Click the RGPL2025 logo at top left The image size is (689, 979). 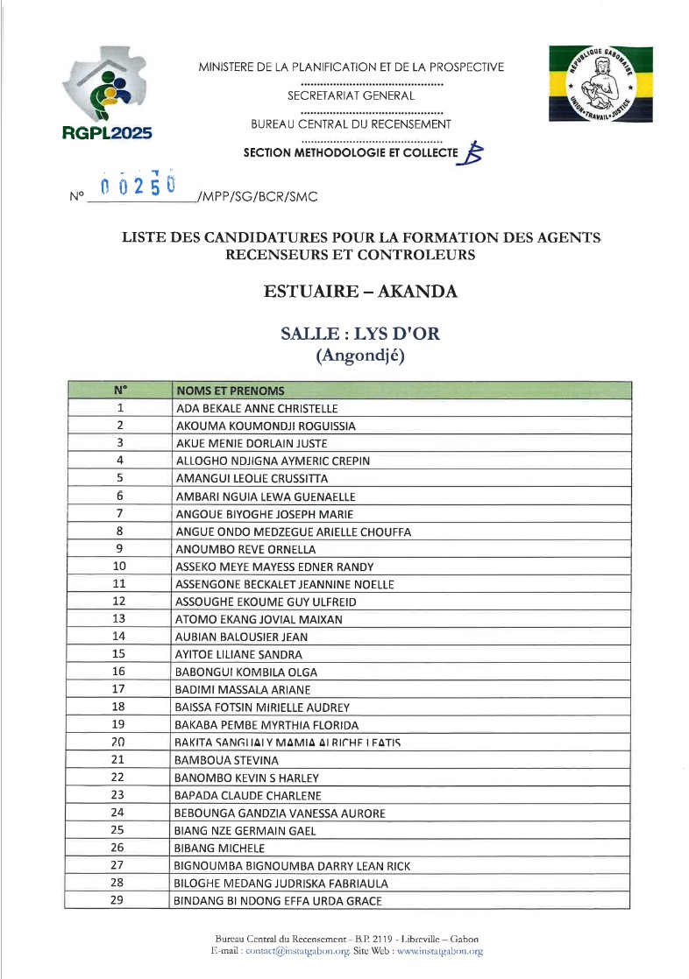(108, 95)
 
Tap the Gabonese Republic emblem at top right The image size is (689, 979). (603, 83)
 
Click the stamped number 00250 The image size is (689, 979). (139, 187)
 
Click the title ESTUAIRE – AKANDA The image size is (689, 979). (360, 292)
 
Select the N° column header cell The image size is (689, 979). (119, 391)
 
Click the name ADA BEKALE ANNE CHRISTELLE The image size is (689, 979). (257, 408)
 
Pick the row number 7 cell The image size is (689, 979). (119, 513)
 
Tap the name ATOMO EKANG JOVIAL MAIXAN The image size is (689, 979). (247, 619)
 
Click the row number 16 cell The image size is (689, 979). (119, 672)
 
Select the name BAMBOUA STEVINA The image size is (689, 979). (227, 760)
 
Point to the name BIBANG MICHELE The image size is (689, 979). (219, 848)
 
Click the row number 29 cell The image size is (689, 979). (119, 900)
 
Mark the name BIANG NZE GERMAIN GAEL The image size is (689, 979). (245, 830)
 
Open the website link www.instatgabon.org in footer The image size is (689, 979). (439, 951)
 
